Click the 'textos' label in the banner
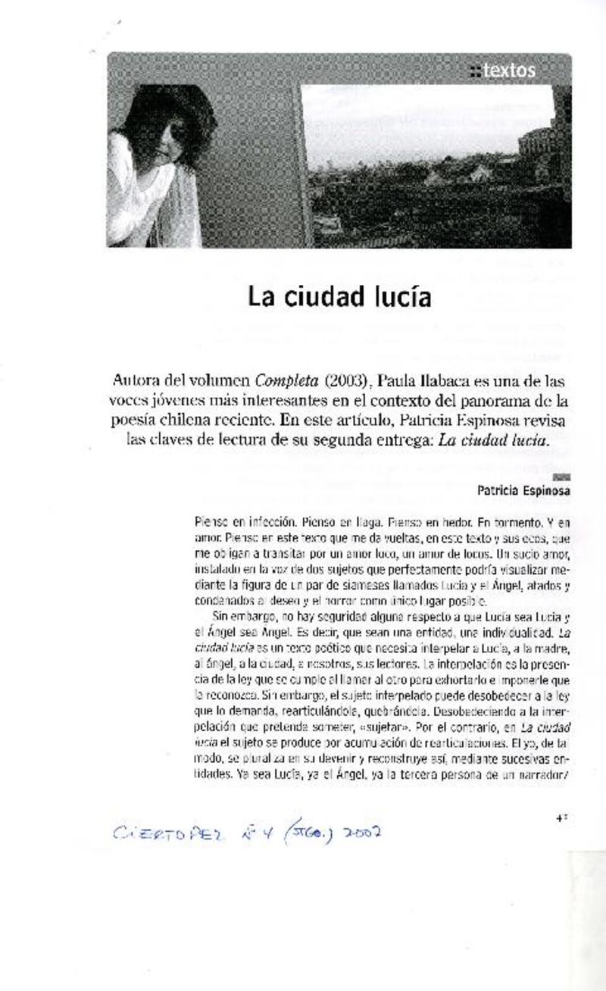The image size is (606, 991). coord(508,71)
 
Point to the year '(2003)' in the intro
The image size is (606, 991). coord(342,379)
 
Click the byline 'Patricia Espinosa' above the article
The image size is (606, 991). coord(523,490)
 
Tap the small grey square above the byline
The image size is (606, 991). coord(562,477)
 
